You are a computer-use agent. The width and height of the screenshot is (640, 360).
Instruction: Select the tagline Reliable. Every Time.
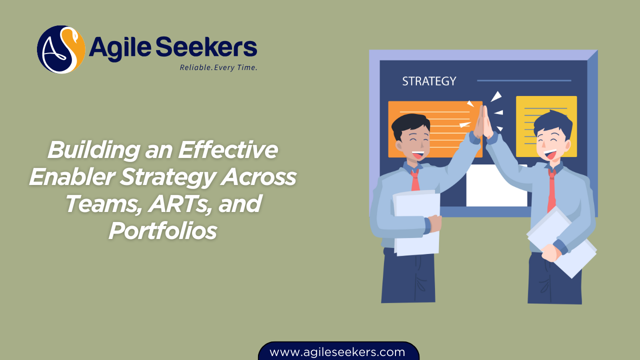(x=218, y=67)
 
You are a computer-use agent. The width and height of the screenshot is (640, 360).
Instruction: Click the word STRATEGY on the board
(x=429, y=81)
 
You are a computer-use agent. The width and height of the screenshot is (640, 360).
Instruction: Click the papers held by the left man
(x=416, y=222)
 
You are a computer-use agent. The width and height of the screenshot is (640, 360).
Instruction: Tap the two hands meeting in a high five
(x=482, y=122)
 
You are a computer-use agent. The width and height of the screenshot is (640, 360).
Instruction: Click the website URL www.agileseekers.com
(x=337, y=352)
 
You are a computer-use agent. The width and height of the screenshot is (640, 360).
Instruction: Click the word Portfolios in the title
(x=162, y=230)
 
